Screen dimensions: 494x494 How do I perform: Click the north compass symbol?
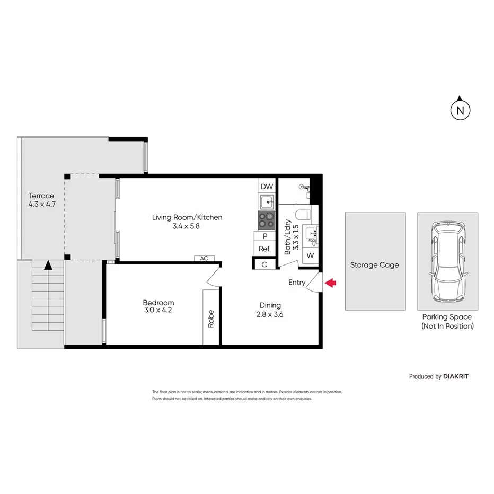tap(461, 110)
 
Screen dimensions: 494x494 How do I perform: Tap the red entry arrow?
tap(330, 283)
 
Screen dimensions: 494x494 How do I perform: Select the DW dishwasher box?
tap(267, 187)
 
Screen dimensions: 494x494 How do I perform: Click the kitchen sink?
tap(267, 201)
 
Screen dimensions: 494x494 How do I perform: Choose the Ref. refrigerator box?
tap(264, 249)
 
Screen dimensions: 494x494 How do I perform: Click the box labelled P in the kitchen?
tap(264, 236)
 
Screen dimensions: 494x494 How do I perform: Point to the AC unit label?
tap(204, 259)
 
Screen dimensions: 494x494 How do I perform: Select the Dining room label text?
tap(270, 305)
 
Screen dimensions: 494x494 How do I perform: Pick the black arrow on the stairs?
tap(48, 264)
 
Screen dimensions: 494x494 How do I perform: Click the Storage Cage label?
tap(374, 265)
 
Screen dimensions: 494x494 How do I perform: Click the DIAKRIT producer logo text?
tap(456, 376)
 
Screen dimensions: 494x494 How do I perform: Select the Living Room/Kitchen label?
tap(187, 217)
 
